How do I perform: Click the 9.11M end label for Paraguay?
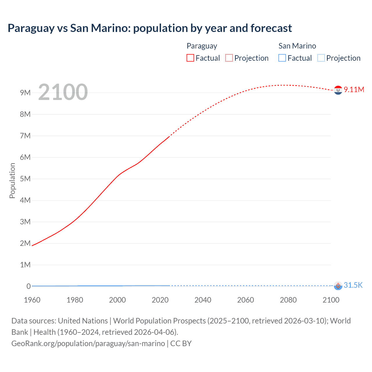354,90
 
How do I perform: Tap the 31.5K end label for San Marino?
353,285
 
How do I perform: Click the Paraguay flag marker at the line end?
338,90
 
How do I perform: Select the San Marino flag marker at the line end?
338,286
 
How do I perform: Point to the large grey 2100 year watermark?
63,92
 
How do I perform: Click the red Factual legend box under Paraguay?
190,58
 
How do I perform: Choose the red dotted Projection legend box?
229,58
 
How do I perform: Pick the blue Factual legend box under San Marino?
282,58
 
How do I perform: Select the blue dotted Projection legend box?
321,58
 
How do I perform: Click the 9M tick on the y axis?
25,93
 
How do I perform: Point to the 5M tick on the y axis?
25,179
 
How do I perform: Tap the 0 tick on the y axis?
28,286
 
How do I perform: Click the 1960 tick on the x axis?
32,300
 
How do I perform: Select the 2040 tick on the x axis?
203,300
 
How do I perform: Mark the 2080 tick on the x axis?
288,300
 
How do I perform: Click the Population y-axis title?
12,180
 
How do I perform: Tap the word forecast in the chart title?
271,28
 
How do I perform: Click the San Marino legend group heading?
297,46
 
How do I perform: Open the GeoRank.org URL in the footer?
88,344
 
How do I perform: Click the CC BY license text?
181,344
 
